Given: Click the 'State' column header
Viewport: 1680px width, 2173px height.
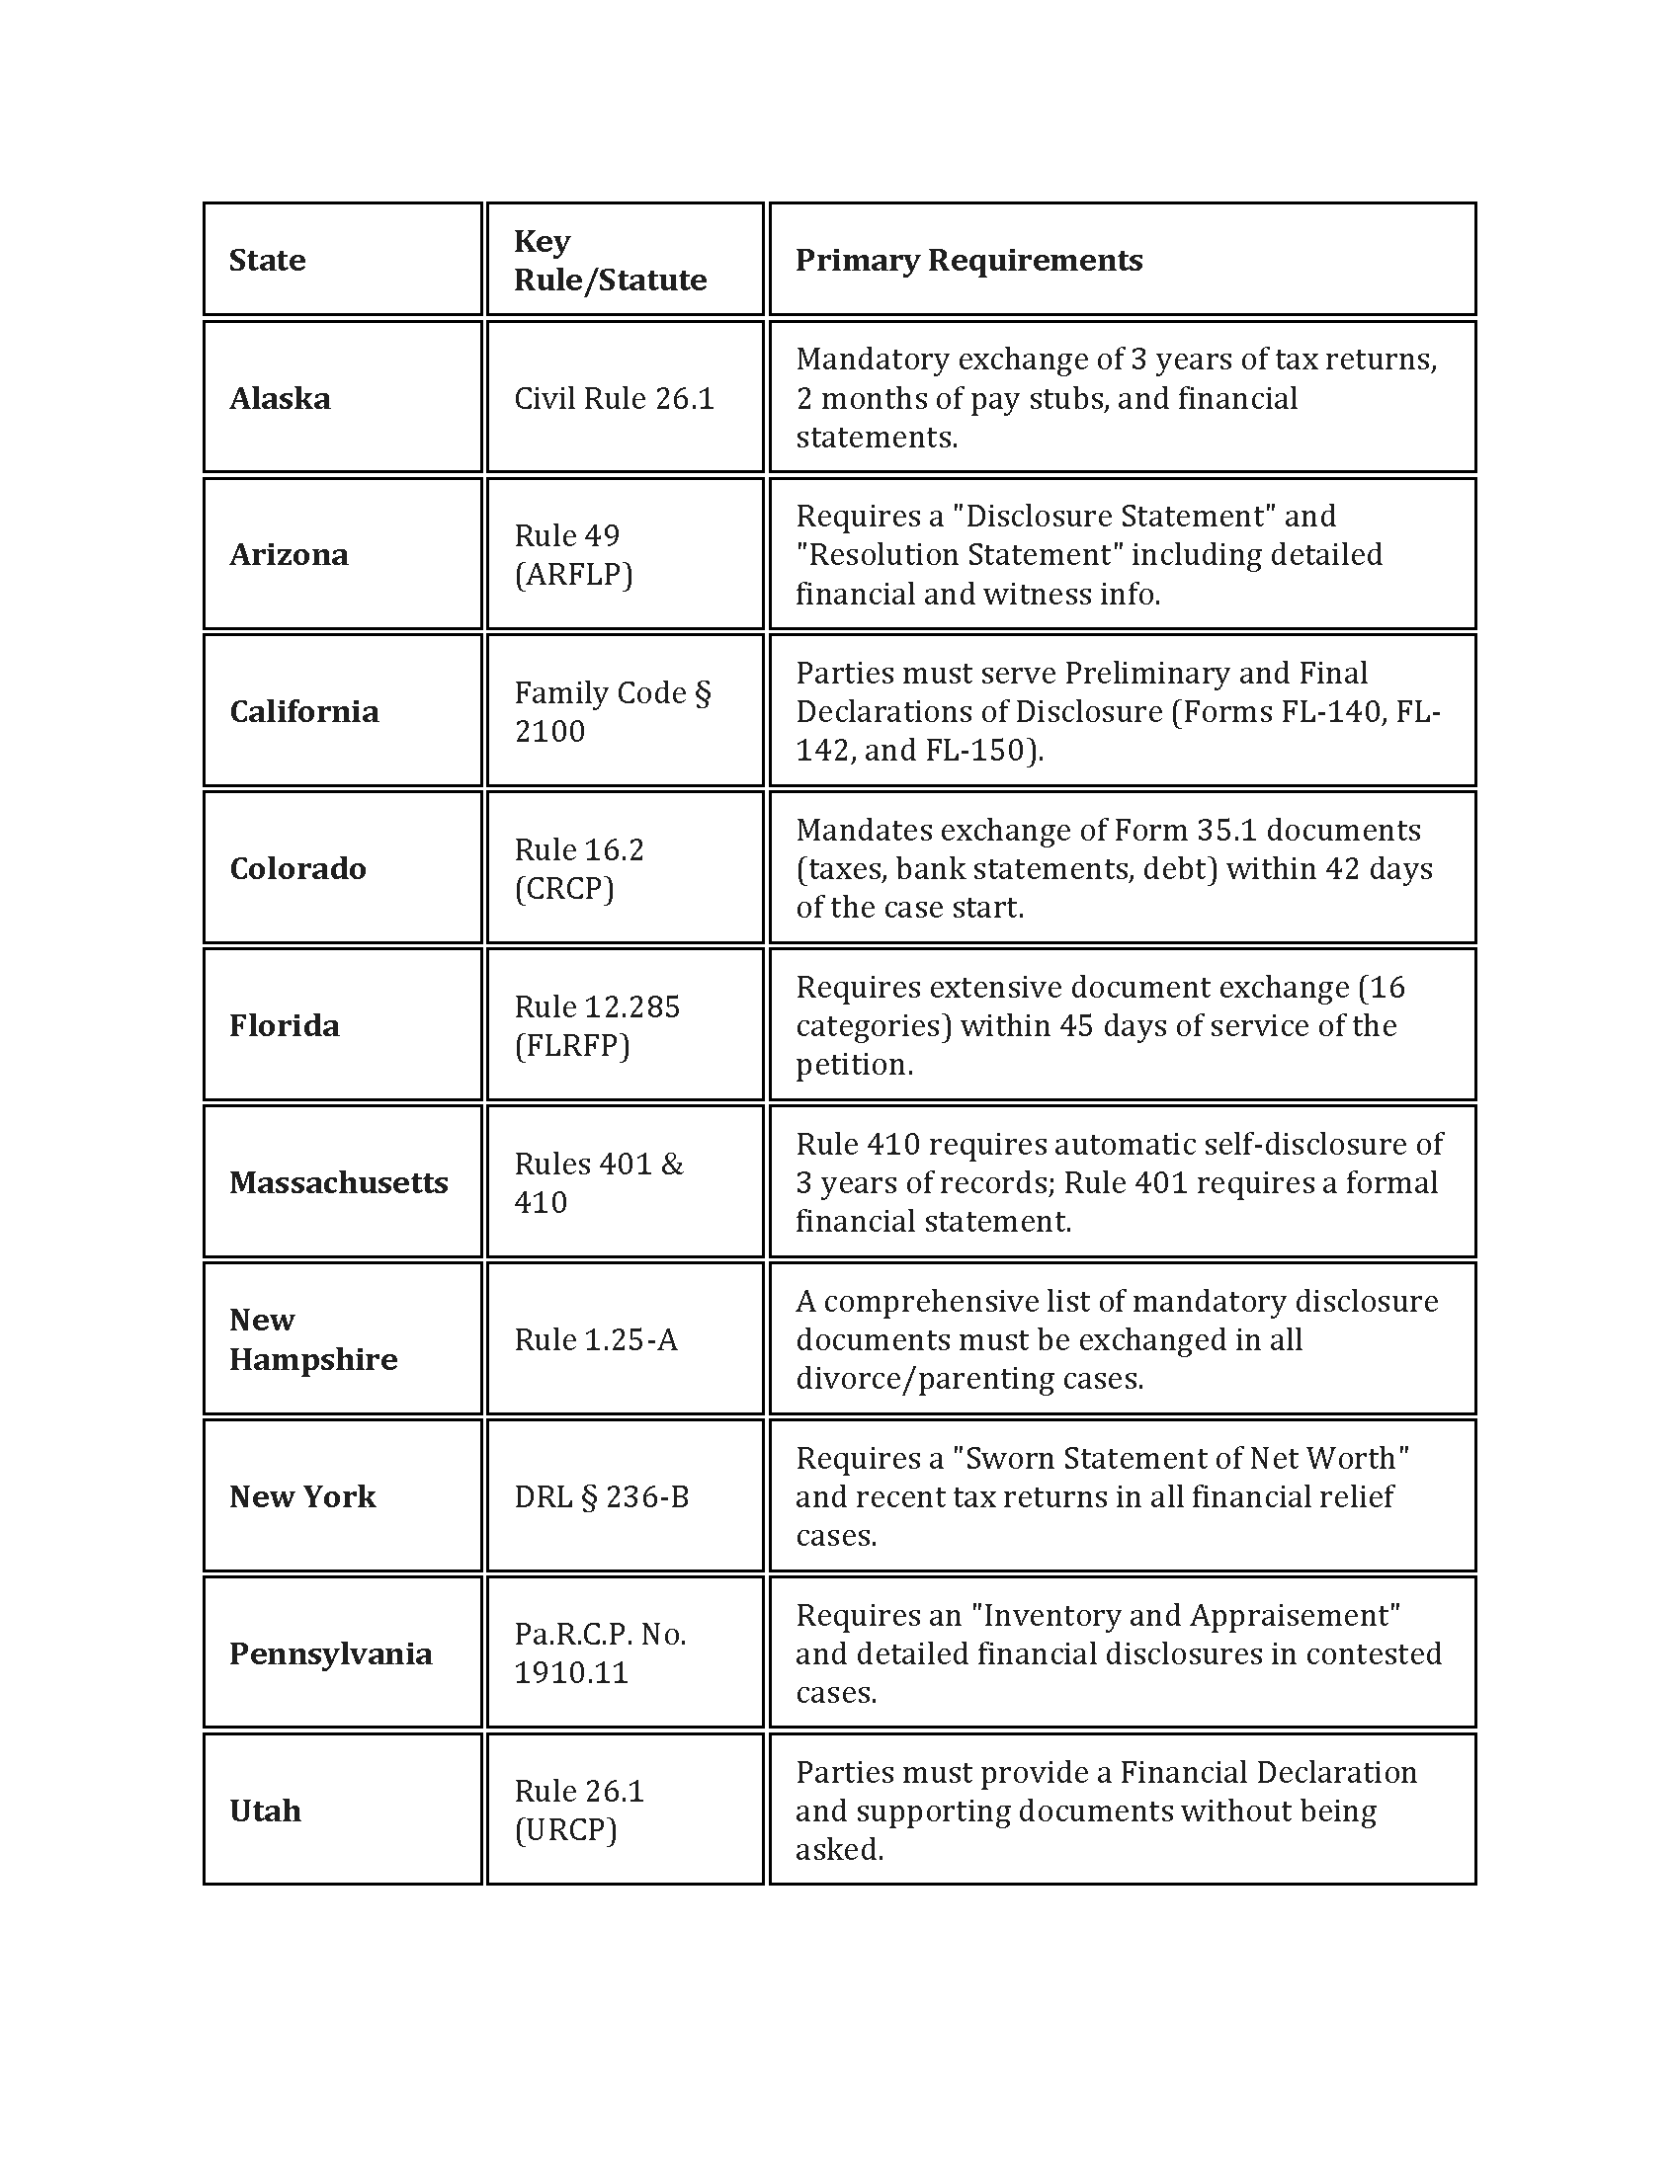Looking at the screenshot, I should (x=267, y=260).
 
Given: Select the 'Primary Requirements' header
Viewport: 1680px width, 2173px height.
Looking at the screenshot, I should (x=968, y=260).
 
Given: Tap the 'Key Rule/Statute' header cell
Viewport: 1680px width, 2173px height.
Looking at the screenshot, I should (x=609, y=260).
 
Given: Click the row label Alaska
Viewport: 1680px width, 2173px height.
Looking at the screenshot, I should (x=280, y=398).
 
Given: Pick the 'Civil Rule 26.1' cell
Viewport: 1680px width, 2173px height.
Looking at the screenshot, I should (x=613, y=398).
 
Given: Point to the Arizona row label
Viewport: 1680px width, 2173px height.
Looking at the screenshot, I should (x=289, y=554).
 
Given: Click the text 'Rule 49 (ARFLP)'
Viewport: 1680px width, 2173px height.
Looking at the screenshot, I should (x=573, y=554).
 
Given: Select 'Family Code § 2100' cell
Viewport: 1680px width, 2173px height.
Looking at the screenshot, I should (x=611, y=711).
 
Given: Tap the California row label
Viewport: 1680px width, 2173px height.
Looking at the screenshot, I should (x=303, y=711).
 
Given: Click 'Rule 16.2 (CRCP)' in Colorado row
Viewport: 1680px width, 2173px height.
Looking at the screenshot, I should (x=578, y=867).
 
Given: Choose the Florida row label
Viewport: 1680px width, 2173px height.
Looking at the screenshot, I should (x=284, y=1025).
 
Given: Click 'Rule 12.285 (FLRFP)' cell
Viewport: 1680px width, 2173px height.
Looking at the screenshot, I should (x=596, y=1025).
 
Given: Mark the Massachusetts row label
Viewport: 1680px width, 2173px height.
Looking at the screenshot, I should (x=338, y=1182).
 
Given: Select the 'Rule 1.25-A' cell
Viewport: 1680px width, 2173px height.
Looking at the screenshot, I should (x=595, y=1339).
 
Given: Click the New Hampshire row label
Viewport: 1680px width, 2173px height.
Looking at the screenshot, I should (x=312, y=1339).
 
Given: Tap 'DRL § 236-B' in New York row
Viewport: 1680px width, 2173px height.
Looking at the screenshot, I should (x=601, y=1496).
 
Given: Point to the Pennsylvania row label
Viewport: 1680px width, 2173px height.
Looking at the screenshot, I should (x=330, y=1653).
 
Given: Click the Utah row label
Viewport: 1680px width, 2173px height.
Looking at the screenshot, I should (x=265, y=1810).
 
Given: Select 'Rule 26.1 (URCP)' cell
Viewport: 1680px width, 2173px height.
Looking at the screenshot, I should (x=579, y=1810).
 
